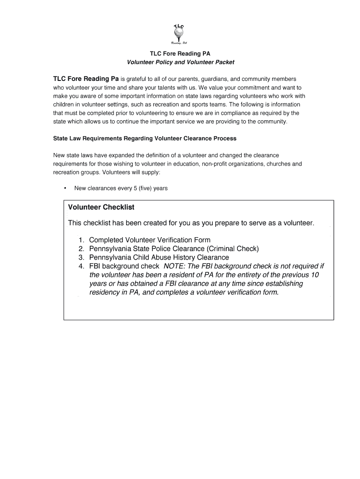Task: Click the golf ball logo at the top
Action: pyautogui.click(x=179, y=33)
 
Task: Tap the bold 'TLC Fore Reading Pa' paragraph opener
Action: pyautogui.click(x=86, y=79)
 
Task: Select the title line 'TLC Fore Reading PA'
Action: pyautogui.click(x=180, y=54)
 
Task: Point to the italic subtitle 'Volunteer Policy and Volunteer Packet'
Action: pyautogui.click(x=180, y=62)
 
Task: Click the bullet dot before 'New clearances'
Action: pyautogui.click(x=65, y=189)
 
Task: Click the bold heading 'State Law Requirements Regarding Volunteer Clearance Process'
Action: pyautogui.click(x=145, y=138)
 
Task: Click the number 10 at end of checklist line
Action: pyautogui.click(x=315, y=275)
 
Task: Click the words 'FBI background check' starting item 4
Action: pyautogui.click(x=124, y=266)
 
